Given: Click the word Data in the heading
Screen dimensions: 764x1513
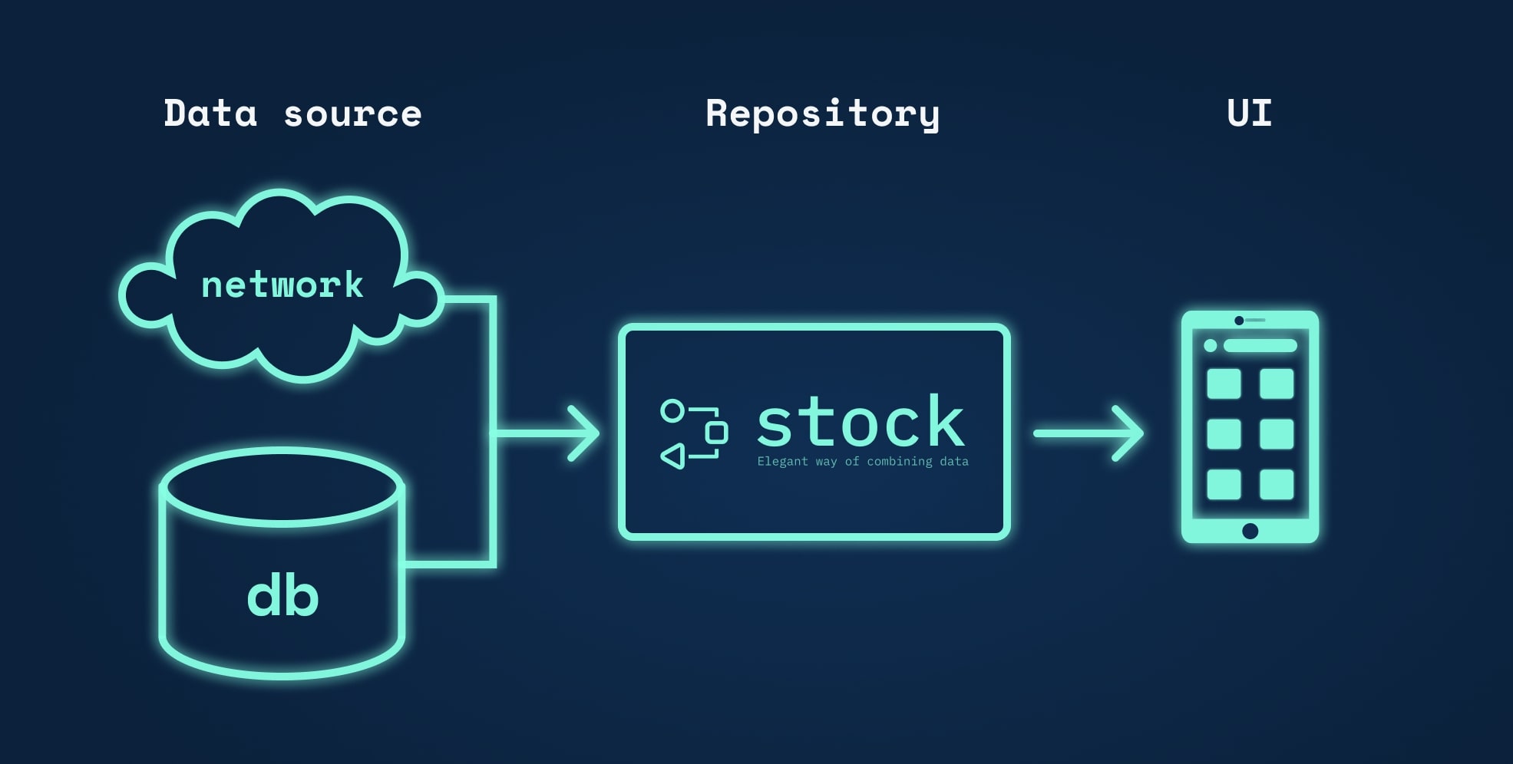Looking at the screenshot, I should coord(210,114).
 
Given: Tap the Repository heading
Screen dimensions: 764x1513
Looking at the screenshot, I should coord(822,114).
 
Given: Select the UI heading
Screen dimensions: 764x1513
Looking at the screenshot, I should coord(1249,114).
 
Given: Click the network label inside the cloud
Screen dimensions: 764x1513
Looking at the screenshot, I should coord(282,285).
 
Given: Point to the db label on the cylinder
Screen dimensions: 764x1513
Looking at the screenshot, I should coord(282,597).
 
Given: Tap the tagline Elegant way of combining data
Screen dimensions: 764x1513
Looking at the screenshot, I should coord(863,462).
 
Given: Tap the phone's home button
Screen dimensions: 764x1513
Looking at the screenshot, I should coord(1250,531).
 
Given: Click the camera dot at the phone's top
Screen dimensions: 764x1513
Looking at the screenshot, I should coord(1239,321).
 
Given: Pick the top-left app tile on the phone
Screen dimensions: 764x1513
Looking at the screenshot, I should coord(1224,384).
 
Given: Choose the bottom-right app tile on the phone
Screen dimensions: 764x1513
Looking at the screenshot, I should coord(1277,485).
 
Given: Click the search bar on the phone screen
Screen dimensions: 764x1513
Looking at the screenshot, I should coord(1260,346).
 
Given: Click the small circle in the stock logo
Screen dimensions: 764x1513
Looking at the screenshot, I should coord(672,411).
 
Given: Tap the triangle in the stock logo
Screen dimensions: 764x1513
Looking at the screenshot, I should coord(673,456).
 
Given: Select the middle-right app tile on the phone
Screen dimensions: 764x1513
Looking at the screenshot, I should coord(1277,434).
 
